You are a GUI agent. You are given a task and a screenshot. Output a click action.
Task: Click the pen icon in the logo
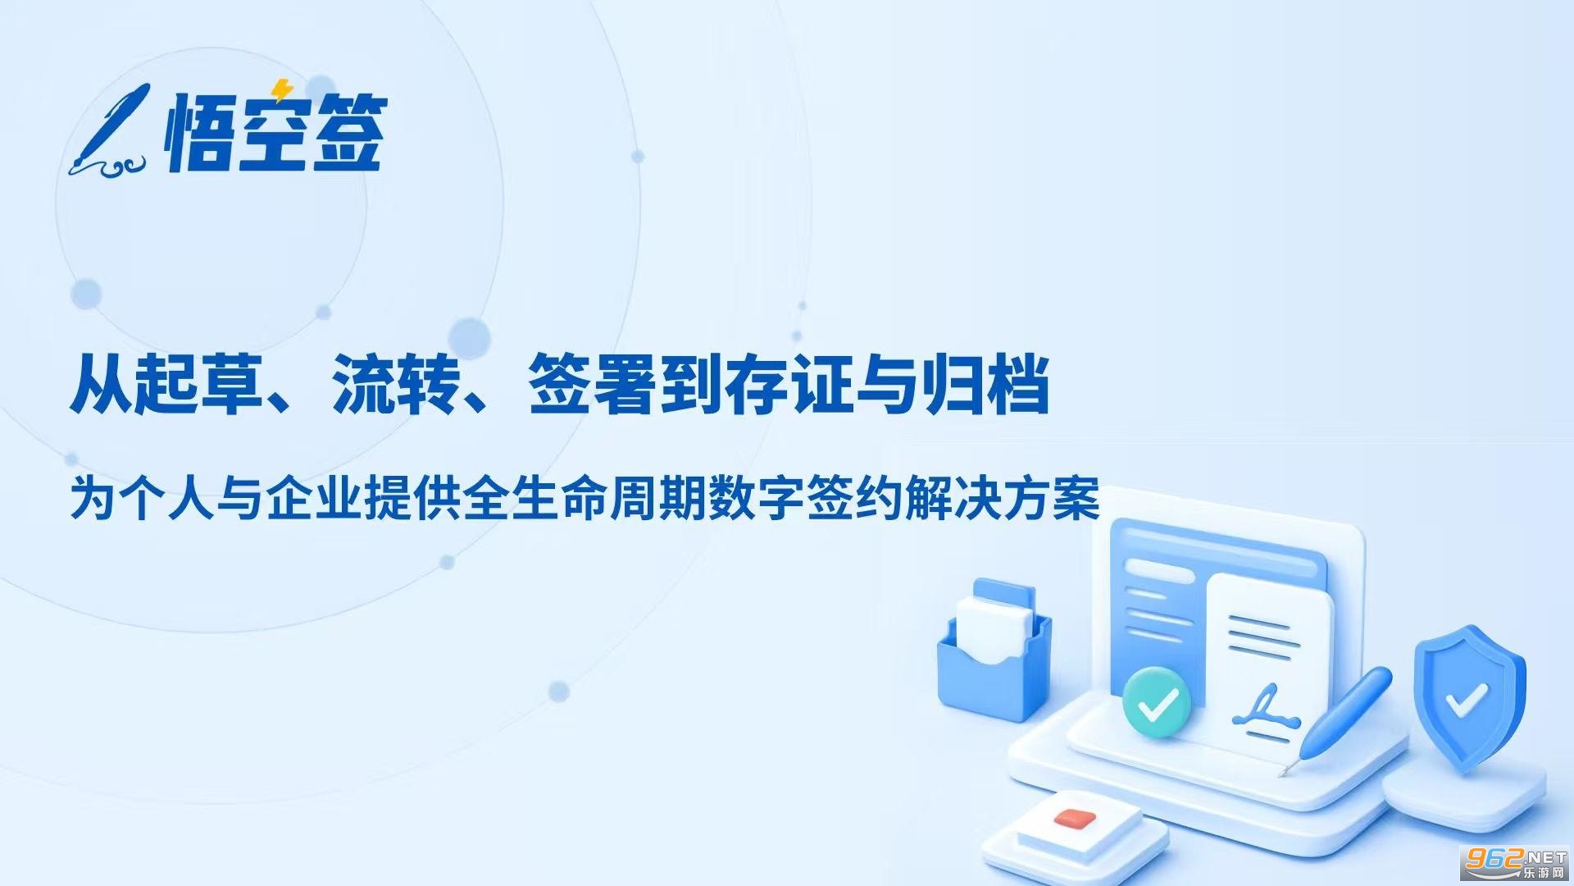tap(111, 131)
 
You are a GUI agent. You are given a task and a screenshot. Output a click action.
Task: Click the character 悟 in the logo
tap(198, 132)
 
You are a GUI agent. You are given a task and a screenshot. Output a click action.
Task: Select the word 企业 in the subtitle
tap(315, 498)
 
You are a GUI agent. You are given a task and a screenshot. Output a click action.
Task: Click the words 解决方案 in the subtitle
tap(1002, 498)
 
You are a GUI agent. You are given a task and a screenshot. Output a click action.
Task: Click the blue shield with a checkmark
tap(1468, 698)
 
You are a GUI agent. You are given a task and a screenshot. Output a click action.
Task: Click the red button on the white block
tap(1075, 819)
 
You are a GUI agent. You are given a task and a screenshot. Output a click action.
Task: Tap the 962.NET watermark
tap(1516, 862)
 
